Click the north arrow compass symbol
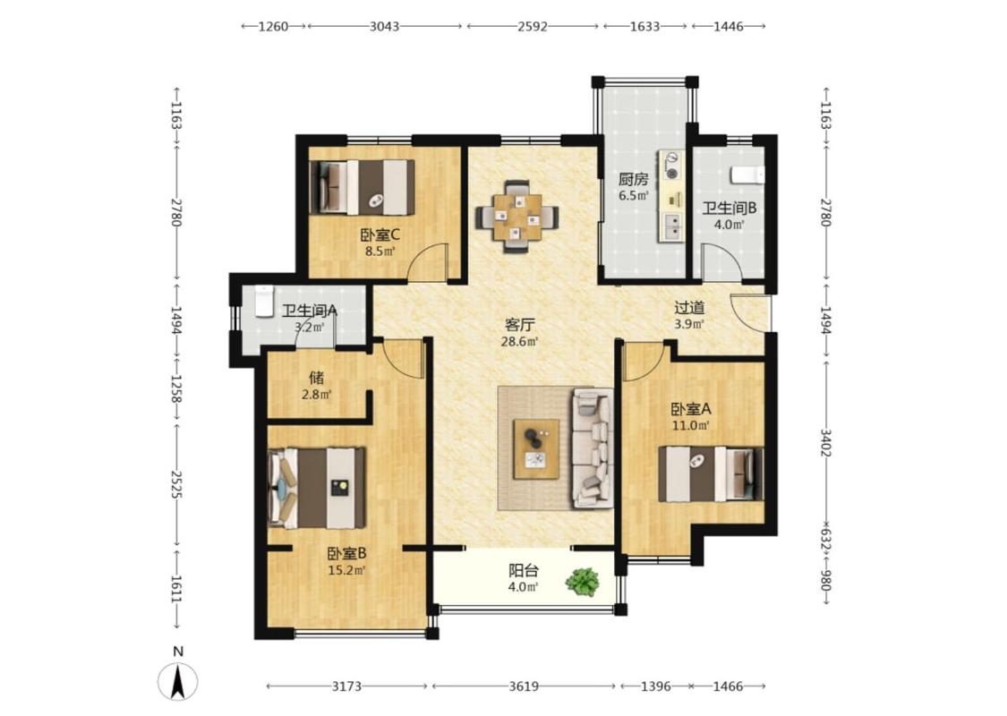pos(178,681)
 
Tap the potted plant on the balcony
pos(583,581)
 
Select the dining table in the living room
pos(517,217)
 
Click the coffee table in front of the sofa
pos(536,448)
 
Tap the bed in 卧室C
pos(363,187)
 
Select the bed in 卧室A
pos(712,474)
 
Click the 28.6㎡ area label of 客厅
pos(519,342)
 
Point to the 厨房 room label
pos(633,179)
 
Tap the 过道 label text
pos(689,308)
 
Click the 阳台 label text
pos(524,569)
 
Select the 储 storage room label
pos(317,377)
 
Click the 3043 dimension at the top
pos(385,26)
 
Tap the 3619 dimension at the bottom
pos(524,686)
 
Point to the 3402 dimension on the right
pos(826,443)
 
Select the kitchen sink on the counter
pos(672,226)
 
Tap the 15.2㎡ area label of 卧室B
pos(346,569)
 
